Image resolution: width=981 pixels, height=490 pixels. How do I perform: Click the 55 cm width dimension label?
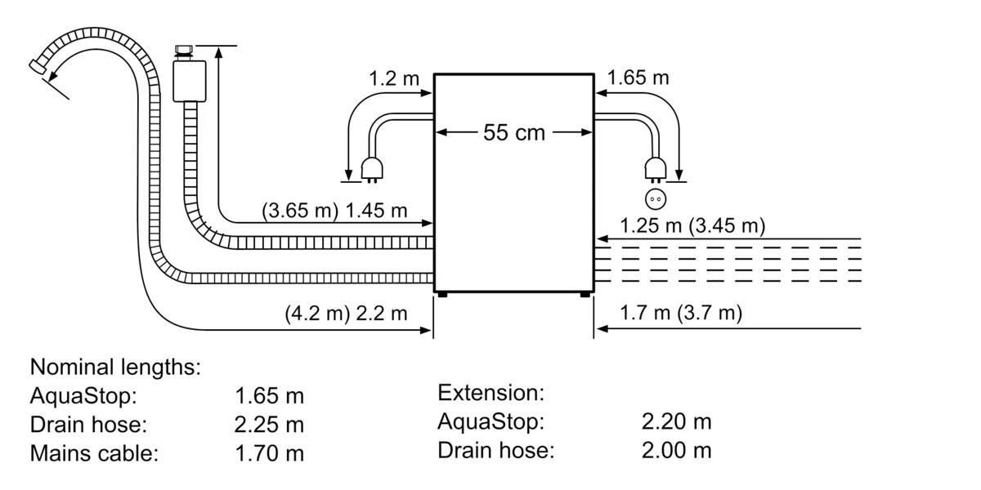point(513,132)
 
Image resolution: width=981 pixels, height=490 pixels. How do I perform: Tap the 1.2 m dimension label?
point(394,78)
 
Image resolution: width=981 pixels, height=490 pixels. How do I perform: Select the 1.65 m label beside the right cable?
point(638,78)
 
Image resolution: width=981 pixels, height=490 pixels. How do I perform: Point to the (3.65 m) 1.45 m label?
point(334,211)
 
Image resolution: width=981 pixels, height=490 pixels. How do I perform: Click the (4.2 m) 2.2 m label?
point(346,314)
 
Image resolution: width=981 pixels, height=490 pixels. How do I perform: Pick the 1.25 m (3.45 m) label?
point(692,225)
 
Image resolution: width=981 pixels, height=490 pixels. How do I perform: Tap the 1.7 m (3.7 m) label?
point(681,313)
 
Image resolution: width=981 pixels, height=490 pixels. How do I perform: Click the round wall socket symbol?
point(656,199)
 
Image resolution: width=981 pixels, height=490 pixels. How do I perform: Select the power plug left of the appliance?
point(372,170)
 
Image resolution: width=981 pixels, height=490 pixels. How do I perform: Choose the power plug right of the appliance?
point(656,170)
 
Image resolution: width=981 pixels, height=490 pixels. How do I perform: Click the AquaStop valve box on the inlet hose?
point(189,82)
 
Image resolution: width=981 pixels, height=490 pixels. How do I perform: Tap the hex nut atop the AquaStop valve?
point(183,50)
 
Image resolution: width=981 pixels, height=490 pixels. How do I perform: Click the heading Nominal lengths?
point(115,367)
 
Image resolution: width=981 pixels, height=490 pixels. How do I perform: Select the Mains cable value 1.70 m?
point(269,453)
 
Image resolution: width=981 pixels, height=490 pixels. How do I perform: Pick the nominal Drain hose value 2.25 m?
point(269,425)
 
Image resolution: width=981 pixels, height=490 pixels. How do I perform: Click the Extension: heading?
point(491,393)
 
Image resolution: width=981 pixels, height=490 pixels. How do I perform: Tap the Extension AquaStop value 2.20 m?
point(677,421)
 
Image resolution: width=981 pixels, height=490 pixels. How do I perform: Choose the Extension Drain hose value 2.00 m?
point(677,450)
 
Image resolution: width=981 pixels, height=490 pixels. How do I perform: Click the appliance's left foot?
point(443,295)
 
